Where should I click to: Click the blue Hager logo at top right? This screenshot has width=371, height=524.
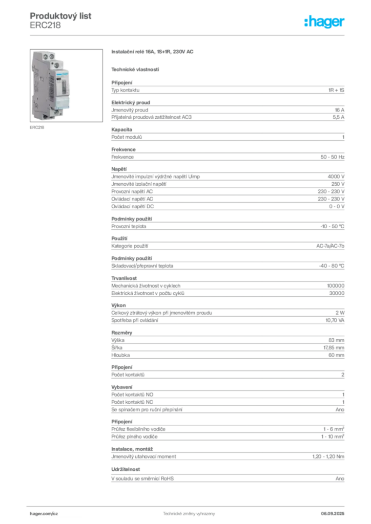(325, 22)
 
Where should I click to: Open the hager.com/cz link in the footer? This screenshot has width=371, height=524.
(44, 512)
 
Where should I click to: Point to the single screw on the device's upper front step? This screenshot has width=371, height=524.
(57, 65)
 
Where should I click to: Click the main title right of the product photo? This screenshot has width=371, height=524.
(154, 53)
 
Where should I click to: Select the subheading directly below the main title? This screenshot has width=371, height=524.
(135, 69)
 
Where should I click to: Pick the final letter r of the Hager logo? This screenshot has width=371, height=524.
(342, 23)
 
